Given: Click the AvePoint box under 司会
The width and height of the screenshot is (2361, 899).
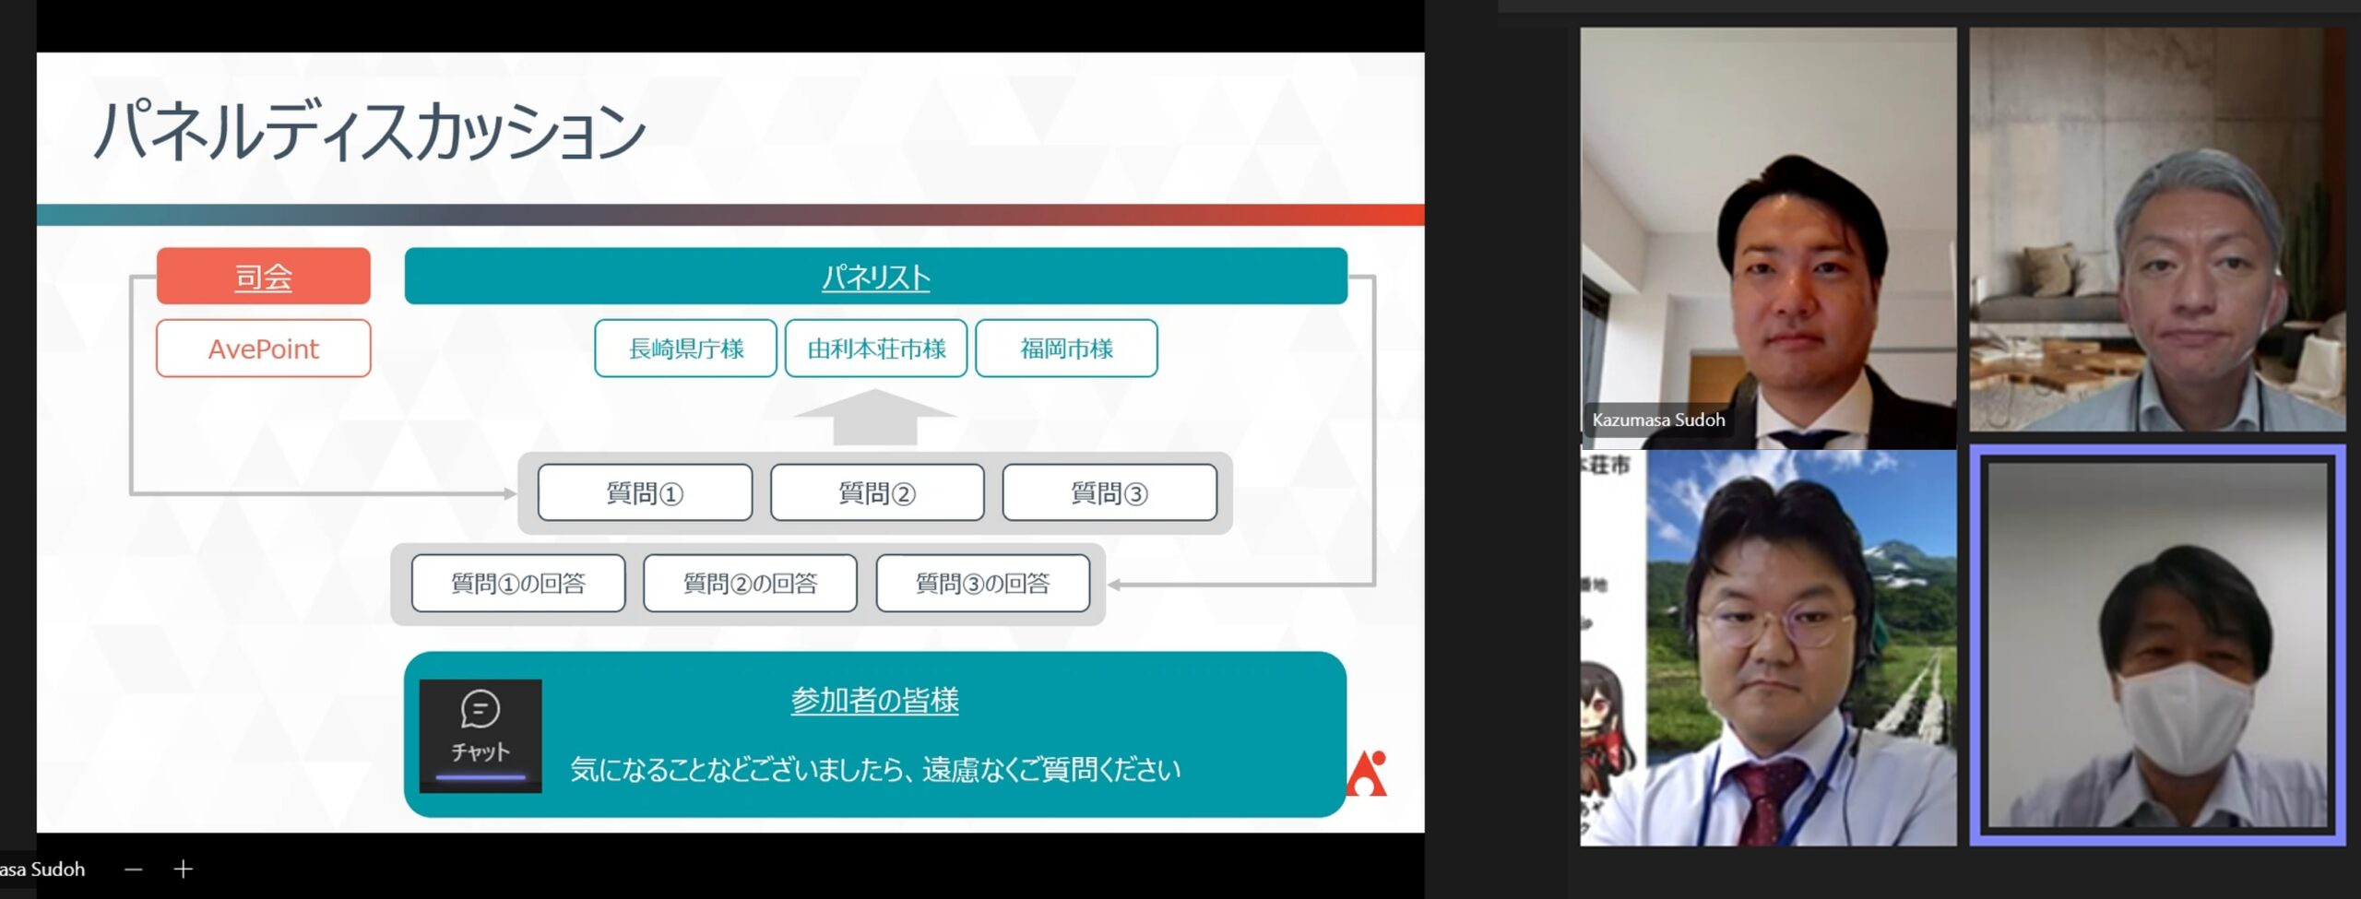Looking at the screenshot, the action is (264, 349).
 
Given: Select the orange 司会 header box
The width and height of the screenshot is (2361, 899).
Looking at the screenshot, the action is (264, 276).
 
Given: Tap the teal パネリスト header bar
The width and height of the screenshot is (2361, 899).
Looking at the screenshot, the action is (875, 276).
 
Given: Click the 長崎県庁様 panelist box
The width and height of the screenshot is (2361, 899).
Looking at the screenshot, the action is (685, 349).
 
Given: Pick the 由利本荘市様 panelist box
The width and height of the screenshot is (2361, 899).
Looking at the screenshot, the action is (876, 349).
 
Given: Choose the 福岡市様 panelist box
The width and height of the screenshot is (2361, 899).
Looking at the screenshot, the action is (1066, 349).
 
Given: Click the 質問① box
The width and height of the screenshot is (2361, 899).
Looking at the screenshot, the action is (645, 493).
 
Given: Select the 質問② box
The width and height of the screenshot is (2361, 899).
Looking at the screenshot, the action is (877, 493).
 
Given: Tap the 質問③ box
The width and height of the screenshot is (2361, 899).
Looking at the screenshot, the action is (1109, 493).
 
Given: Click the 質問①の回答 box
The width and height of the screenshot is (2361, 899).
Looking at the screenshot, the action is (518, 583).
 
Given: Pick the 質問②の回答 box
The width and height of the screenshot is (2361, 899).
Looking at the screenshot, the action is (750, 583).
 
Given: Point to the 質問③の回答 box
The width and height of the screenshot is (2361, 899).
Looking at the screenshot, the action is (983, 583).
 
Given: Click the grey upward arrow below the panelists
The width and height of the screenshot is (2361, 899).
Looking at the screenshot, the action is (874, 418).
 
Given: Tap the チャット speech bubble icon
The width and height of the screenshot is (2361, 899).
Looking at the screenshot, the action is (481, 709).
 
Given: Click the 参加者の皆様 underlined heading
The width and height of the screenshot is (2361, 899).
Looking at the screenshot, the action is (874, 701).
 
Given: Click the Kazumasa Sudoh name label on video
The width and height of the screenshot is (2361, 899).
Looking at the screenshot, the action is (1658, 420).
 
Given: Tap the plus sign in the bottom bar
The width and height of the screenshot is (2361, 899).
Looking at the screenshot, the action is (184, 869).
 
